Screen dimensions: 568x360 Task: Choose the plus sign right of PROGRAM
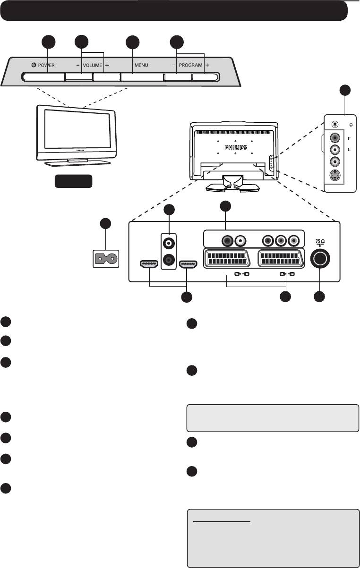point(207,65)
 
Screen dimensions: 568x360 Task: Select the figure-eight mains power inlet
point(105,259)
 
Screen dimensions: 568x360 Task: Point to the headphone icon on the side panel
point(350,124)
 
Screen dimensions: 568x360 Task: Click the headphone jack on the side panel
point(335,124)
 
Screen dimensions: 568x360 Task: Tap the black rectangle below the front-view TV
point(73,182)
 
